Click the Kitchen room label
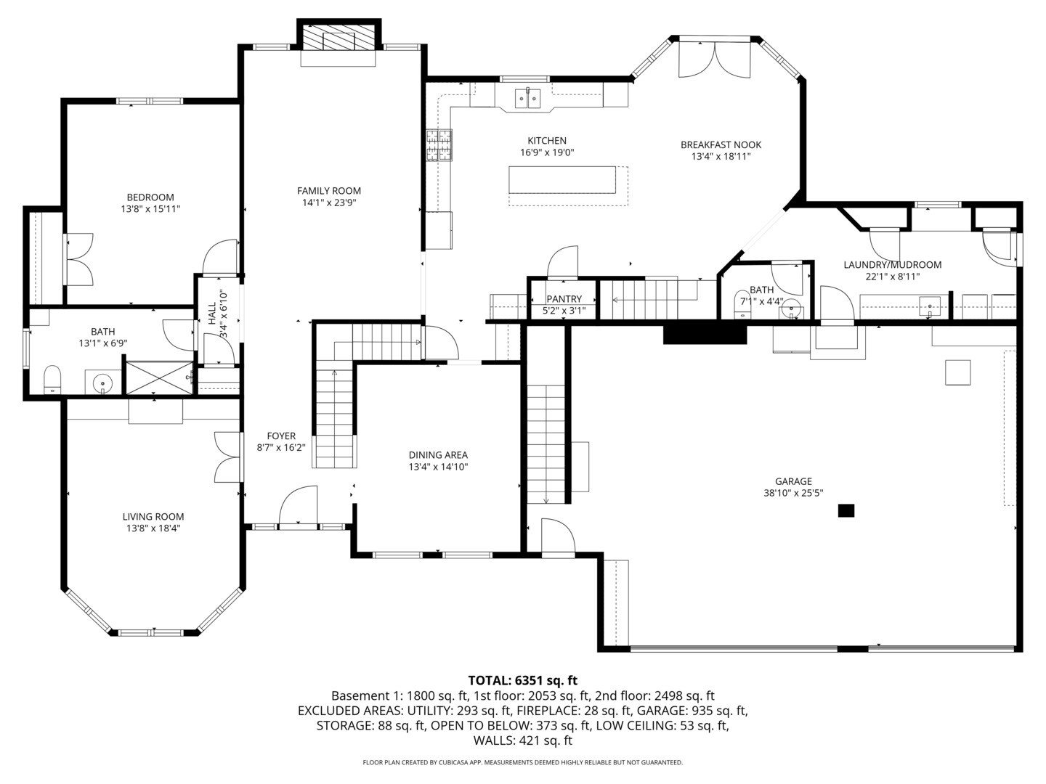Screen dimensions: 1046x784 click(546, 141)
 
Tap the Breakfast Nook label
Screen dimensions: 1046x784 click(721, 144)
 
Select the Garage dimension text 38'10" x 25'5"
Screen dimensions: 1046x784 click(793, 493)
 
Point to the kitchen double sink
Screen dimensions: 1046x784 click(527, 99)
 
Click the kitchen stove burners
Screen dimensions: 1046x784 click(439, 145)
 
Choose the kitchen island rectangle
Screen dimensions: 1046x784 click(562, 180)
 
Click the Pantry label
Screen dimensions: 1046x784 click(564, 299)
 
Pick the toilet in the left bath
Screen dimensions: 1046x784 click(52, 380)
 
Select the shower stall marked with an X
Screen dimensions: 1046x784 click(158, 378)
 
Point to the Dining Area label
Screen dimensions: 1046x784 click(438, 455)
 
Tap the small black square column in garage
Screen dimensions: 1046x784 click(846, 511)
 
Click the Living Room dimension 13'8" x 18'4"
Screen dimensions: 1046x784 click(153, 528)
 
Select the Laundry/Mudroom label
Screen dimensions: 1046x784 click(893, 265)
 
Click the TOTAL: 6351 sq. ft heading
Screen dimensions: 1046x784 click(523, 681)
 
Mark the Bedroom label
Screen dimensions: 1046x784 click(150, 197)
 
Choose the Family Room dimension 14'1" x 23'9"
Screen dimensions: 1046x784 click(329, 203)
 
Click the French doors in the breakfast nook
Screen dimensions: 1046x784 click(714, 60)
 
